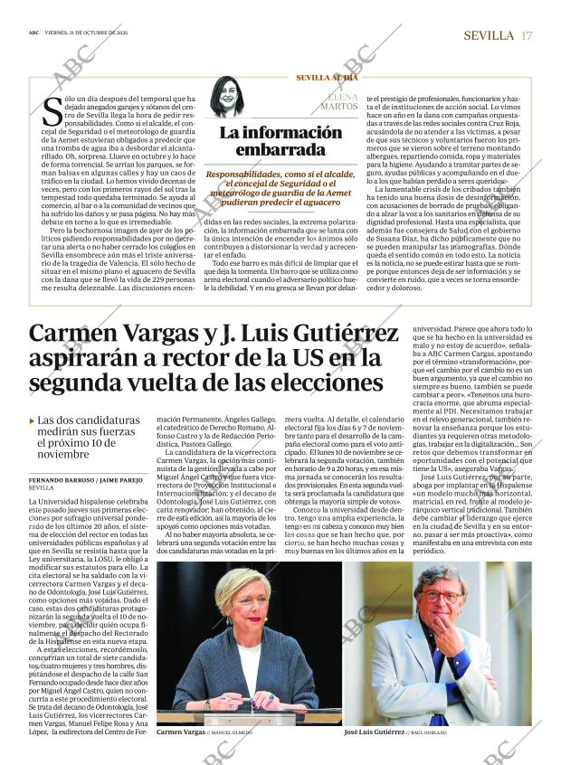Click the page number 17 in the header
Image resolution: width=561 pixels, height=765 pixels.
527,35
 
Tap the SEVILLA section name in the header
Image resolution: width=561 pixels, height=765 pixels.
489,35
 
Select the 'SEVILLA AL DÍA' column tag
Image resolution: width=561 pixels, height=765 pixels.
328,78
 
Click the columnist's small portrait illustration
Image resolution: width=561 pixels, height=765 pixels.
227,99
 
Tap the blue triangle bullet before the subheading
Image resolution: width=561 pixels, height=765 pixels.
33,420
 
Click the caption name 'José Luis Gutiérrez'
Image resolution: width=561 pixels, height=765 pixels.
374,731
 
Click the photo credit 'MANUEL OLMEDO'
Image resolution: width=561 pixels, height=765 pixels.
233,732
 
